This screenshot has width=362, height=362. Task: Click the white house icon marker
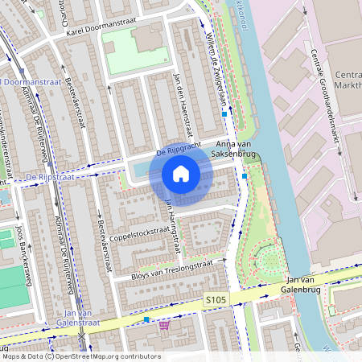coord(181,174)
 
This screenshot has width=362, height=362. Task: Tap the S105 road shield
coord(216,299)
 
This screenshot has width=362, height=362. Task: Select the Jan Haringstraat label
coord(170,224)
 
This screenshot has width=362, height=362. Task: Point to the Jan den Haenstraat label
coord(183,101)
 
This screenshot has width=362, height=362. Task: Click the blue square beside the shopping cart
coord(146,319)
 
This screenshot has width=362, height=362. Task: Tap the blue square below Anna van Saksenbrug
coord(244,176)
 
